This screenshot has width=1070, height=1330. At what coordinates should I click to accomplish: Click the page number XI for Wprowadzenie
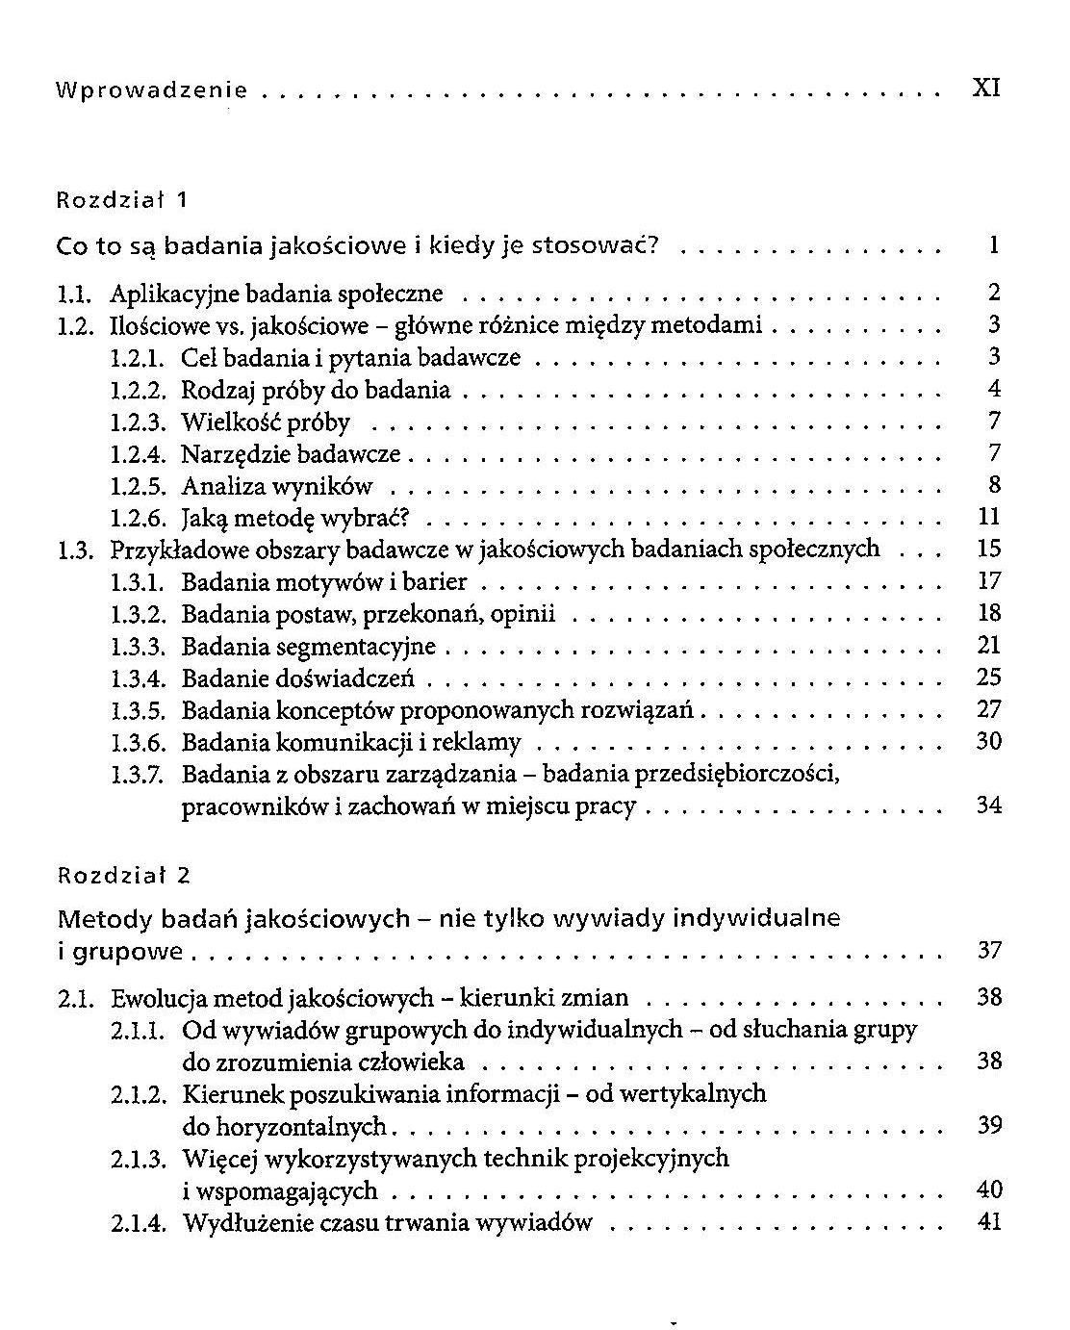986,89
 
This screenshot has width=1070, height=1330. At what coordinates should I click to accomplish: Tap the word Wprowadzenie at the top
152,90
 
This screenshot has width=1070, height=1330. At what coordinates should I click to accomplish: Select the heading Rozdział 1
122,200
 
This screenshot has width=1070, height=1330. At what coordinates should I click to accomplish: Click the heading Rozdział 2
124,875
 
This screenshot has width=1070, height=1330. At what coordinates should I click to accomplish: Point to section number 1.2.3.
140,422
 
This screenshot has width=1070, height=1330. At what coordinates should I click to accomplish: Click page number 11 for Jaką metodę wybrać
989,517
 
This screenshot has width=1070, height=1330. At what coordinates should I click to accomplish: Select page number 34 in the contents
988,806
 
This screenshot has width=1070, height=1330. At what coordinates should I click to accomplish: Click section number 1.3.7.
140,774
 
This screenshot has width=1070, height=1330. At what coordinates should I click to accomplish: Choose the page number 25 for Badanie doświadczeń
988,678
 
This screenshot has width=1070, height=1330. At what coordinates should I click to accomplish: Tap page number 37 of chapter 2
989,951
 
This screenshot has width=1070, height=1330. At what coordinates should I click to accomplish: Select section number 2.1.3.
140,1159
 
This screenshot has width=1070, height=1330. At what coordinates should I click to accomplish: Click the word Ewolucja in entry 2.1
156,998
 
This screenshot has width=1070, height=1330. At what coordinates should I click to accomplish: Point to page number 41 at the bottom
989,1222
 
